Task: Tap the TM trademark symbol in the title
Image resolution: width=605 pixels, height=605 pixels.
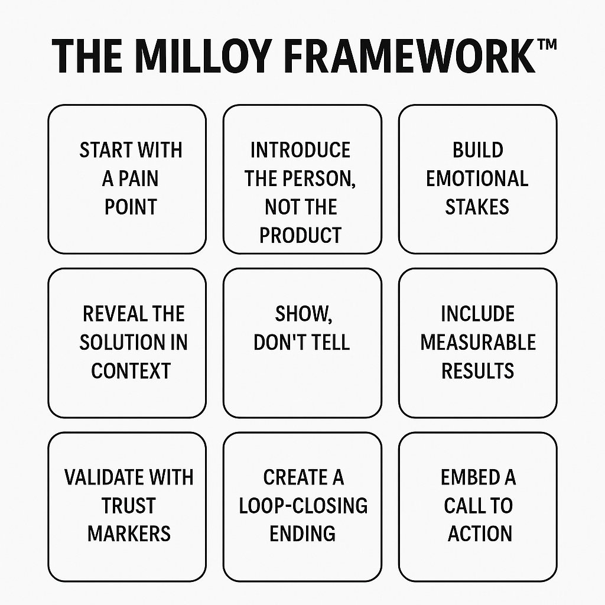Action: pyautogui.click(x=547, y=44)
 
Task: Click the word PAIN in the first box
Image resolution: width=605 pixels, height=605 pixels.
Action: pyautogui.click(x=138, y=178)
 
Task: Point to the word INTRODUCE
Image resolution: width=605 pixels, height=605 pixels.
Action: pyautogui.click(x=301, y=150)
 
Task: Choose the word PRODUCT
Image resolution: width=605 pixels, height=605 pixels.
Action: pyautogui.click(x=301, y=235)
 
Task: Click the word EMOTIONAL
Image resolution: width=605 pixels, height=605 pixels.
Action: pyautogui.click(x=477, y=178)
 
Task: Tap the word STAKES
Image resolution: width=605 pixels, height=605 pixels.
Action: pyautogui.click(x=477, y=207)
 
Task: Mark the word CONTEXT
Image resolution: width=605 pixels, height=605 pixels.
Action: pyautogui.click(x=131, y=371)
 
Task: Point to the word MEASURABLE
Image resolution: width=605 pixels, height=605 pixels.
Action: pyautogui.click(x=478, y=342)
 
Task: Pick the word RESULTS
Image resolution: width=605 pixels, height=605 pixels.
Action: pyautogui.click(x=477, y=371)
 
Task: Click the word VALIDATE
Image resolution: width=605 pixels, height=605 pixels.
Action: pyautogui.click(x=105, y=477)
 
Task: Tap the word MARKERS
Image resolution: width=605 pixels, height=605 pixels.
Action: pyautogui.click(x=129, y=534)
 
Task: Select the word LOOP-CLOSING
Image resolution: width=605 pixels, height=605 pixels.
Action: pyautogui.click(x=303, y=506)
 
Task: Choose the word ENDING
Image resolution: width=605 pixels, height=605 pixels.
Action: pyautogui.click(x=302, y=534)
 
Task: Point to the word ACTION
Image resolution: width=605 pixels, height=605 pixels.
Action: pyautogui.click(x=480, y=534)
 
